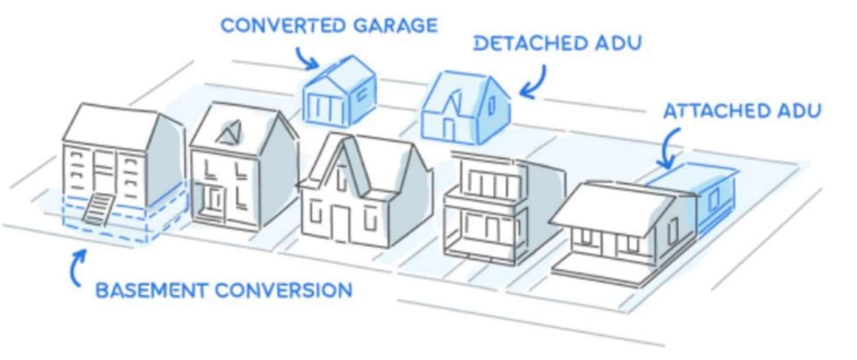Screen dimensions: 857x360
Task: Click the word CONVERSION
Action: tap(283, 290)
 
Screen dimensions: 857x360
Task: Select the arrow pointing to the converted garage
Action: tap(306, 58)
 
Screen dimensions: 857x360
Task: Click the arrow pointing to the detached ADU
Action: tap(534, 83)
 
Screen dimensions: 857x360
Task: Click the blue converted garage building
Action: tap(339, 93)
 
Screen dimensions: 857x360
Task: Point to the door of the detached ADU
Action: tap(449, 129)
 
